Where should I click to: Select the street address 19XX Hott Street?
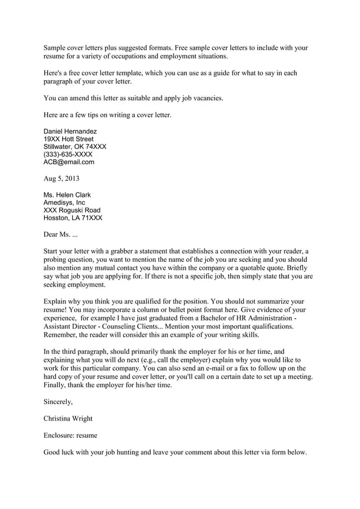point(68,139)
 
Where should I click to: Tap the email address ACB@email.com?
point(69,162)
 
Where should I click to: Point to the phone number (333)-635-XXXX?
point(68,154)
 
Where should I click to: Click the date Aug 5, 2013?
point(62,178)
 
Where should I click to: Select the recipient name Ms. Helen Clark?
point(67,195)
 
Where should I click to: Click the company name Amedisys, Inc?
point(64,203)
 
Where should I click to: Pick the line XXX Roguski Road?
point(72,210)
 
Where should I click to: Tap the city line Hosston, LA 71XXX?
point(73,218)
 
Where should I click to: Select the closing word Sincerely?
point(58,402)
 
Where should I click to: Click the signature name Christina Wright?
point(68,419)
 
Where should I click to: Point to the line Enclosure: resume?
point(70,435)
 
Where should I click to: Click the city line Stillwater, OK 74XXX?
point(74,147)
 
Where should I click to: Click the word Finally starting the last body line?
point(55,385)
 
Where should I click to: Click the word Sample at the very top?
point(55,48)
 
